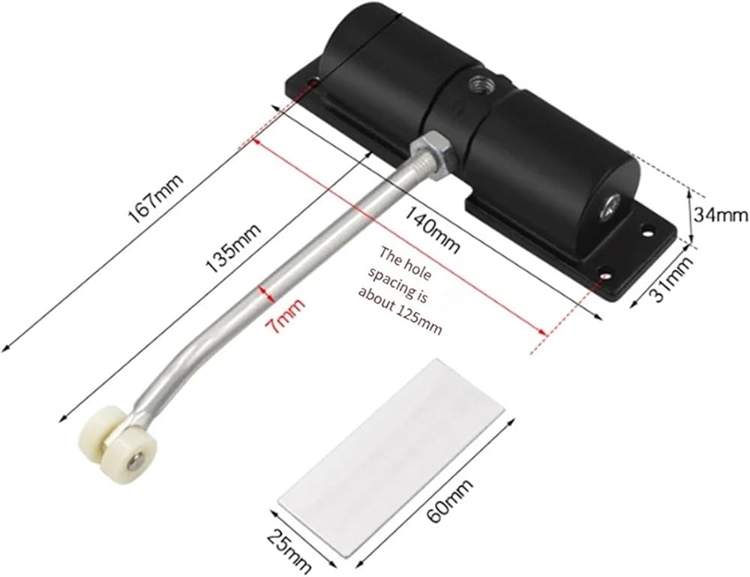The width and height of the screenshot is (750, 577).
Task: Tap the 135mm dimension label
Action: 233,248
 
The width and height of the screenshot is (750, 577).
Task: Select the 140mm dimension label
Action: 433,229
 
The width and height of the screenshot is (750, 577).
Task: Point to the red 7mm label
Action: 285,316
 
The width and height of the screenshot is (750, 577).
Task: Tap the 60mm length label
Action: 449,501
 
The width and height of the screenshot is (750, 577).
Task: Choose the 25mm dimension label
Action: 289,551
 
